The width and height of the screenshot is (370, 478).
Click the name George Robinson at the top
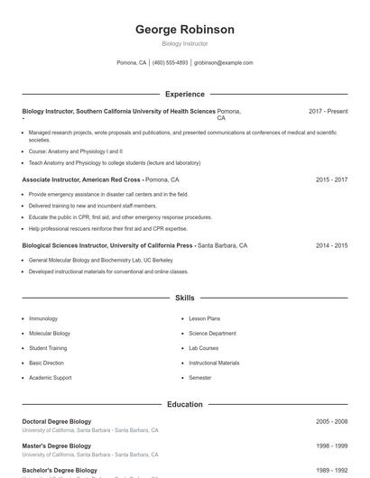point(184,30)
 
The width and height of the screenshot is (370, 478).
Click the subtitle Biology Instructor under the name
point(184,43)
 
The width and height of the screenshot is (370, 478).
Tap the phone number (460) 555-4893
point(170,63)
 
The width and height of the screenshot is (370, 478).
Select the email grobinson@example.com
point(223,63)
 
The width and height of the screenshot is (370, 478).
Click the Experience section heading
point(184,94)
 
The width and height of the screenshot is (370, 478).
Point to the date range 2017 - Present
point(328,111)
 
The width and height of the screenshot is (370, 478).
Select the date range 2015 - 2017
point(331,179)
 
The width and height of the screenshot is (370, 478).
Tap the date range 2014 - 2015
point(331,245)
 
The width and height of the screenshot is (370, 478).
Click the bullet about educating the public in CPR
point(120,217)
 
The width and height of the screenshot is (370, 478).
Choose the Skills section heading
point(184,297)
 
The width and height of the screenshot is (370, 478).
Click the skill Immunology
point(43,318)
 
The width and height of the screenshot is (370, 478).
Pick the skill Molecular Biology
point(49,333)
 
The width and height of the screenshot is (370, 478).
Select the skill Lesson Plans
point(204,318)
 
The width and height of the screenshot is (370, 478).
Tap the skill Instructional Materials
point(214,363)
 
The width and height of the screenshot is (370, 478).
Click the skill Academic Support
point(50,378)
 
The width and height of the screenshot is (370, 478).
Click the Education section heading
point(184,404)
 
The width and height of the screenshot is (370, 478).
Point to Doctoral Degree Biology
point(56,421)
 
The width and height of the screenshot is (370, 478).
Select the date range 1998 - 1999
point(331,446)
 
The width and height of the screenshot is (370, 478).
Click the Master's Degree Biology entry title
point(56,446)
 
